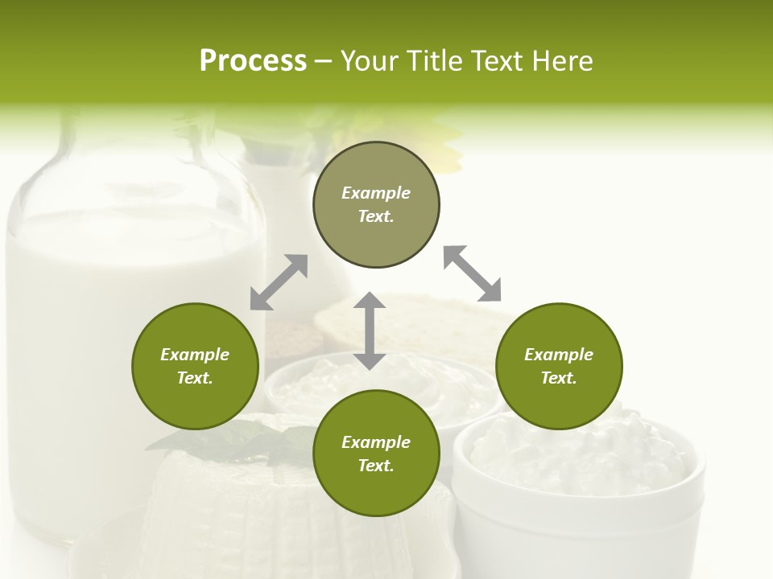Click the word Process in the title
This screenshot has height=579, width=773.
pyautogui.click(x=253, y=61)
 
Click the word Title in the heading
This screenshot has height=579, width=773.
pyautogui.click(x=434, y=61)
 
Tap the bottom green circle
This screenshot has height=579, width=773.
pyautogui.click(x=376, y=491)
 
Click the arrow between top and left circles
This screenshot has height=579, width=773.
pyautogui.click(x=279, y=282)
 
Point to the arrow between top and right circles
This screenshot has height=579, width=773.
pyautogui.click(x=472, y=273)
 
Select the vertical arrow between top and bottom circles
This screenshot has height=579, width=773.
pyautogui.click(x=370, y=331)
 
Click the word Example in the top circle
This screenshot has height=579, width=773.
pyautogui.click(x=376, y=193)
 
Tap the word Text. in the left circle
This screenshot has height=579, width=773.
pyautogui.click(x=195, y=378)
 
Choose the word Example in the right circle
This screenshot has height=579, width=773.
pyautogui.click(x=559, y=355)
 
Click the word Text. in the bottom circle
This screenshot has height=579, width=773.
pyautogui.click(x=376, y=466)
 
